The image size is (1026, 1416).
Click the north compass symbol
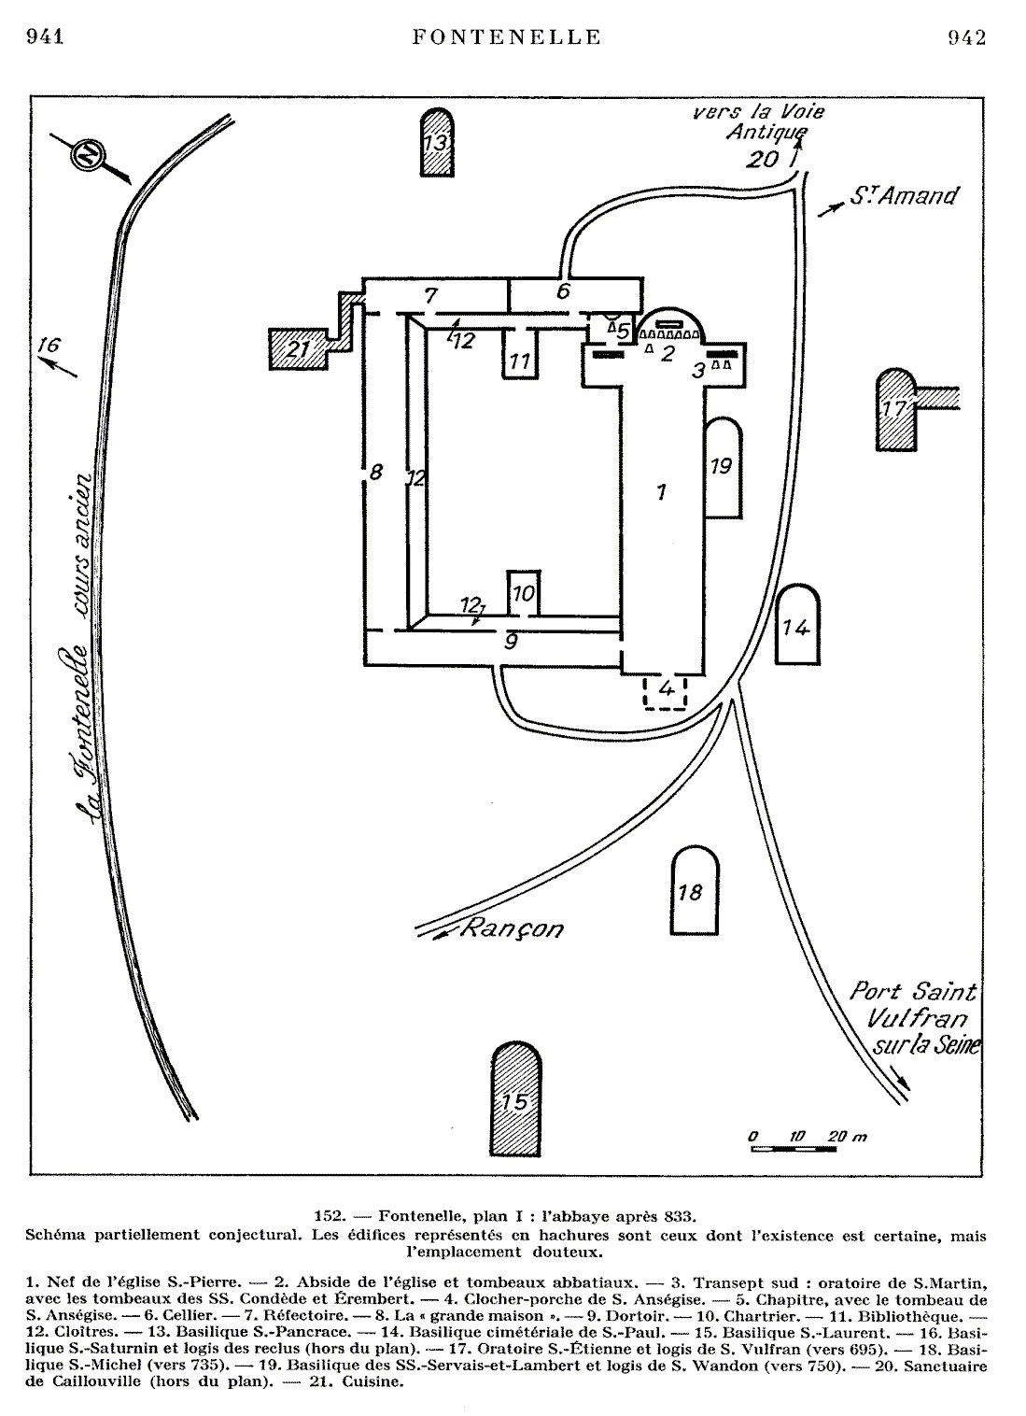coord(91,156)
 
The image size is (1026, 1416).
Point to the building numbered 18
coord(695,891)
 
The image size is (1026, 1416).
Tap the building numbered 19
coord(722,467)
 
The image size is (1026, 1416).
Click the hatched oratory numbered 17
coord(896,410)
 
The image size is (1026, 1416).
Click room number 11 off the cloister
coord(520,360)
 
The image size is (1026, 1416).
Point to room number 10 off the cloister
coord(523,592)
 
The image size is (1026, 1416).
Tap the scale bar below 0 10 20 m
coord(794,1148)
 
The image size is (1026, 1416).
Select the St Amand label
coord(904,196)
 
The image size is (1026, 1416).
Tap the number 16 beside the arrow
coord(48,345)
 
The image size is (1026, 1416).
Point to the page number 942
coord(966,37)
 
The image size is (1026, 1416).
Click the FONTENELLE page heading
coord(507,37)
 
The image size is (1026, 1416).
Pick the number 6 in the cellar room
coord(563,290)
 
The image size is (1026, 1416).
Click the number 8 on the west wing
coord(375,472)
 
